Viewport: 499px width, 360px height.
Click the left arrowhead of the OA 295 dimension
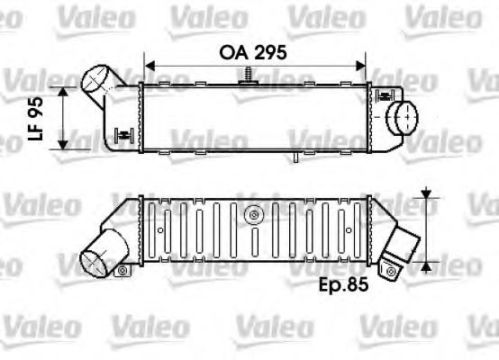pos(150,66)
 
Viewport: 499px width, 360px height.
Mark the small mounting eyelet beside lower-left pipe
pos(122,269)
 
